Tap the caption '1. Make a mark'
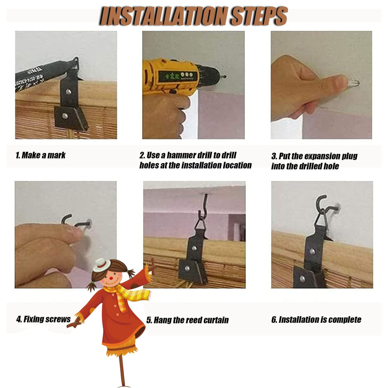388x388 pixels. pyautogui.click(x=41, y=155)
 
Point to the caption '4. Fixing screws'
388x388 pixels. pyautogui.click(x=43, y=319)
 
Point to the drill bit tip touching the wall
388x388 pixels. pyautogui.click(x=226, y=76)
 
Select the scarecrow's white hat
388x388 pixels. pyautogui.click(x=102, y=265)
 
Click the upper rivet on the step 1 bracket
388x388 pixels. pyautogui.click(x=68, y=92)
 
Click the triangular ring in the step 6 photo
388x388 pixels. pyautogui.click(x=320, y=217)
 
